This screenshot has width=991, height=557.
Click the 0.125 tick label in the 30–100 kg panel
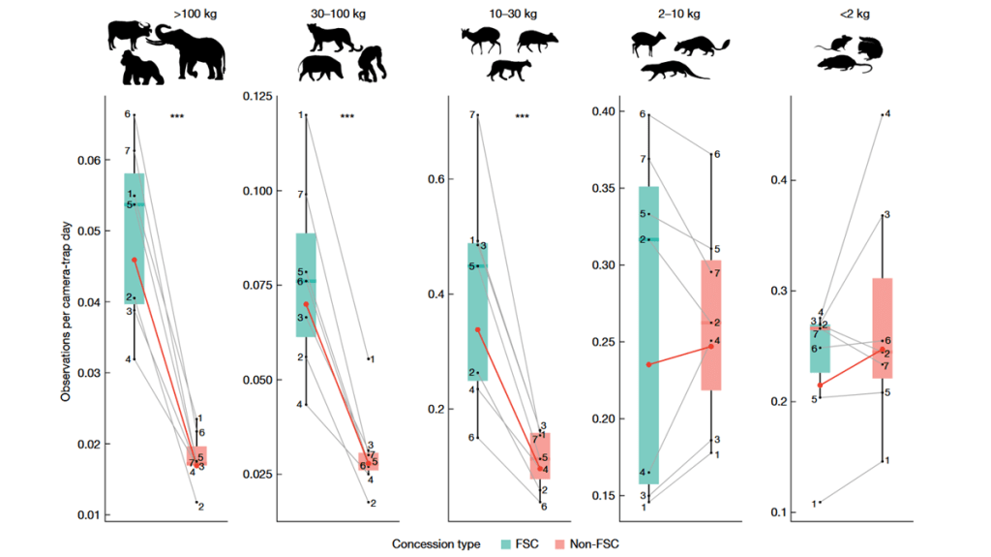tap(259, 96)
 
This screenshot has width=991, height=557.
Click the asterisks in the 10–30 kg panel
tap(522, 118)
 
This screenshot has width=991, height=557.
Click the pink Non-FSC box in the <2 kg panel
tap(882, 327)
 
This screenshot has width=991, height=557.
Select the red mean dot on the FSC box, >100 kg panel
tap(135, 260)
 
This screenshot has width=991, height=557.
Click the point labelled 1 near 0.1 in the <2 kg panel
tap(821, 502)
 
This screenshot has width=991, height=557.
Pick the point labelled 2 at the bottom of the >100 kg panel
tap(195, 504)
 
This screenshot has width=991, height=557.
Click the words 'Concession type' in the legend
tap(436, 544)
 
